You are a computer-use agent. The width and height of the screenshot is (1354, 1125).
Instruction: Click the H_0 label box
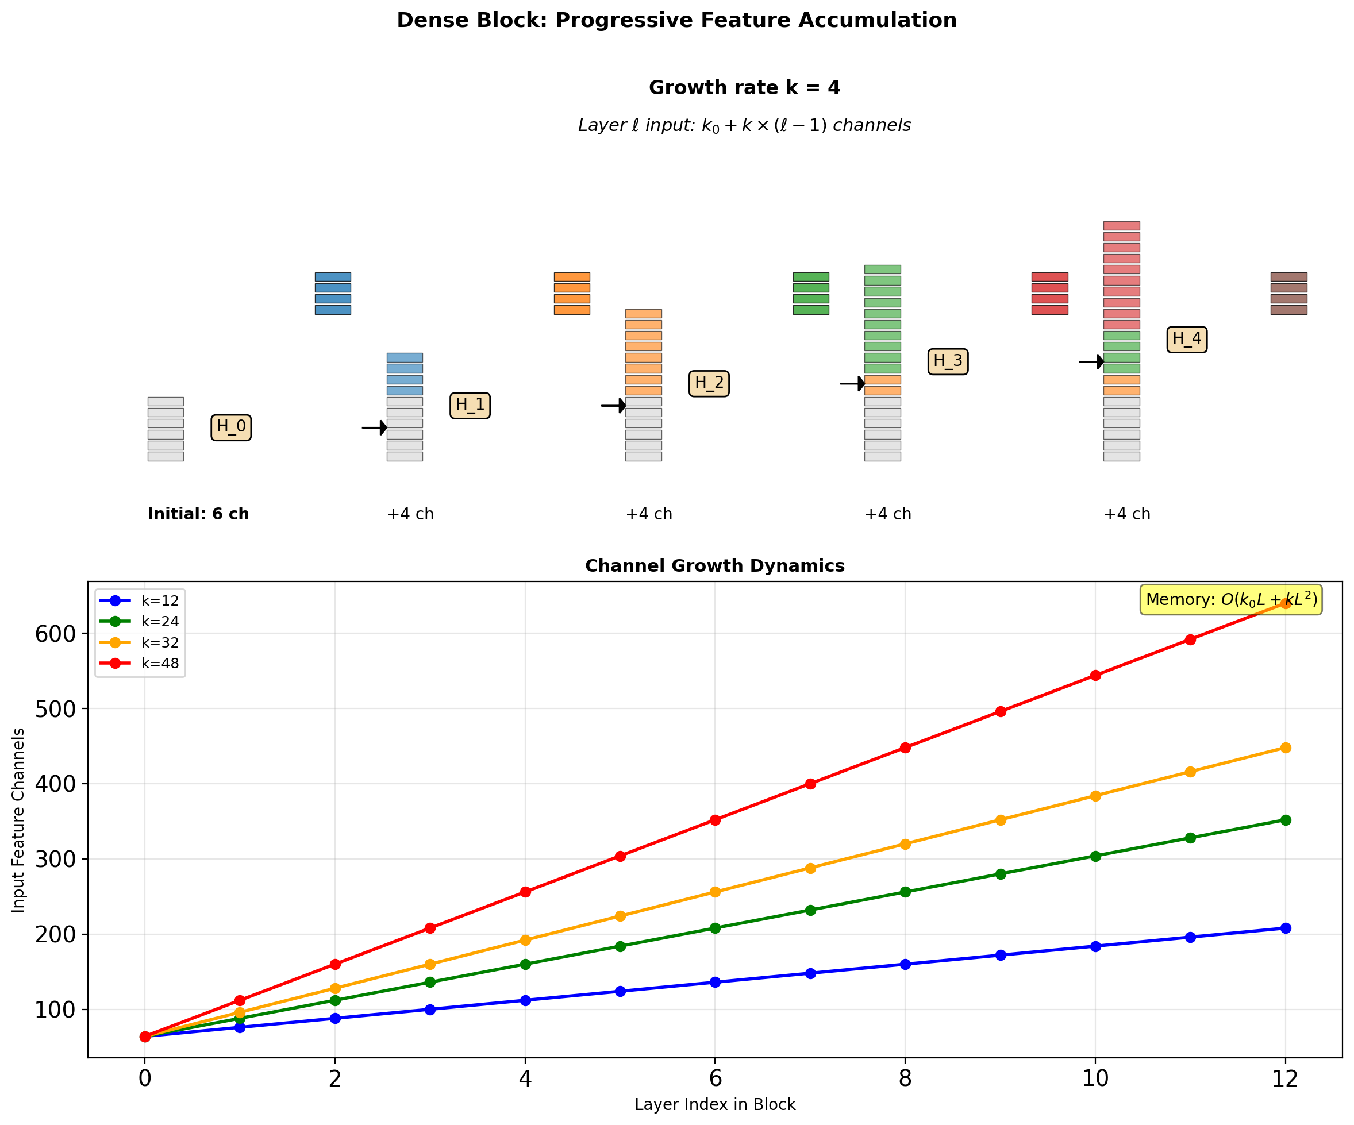click(231, 427)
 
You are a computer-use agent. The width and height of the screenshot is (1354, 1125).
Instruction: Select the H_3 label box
click(947, 361)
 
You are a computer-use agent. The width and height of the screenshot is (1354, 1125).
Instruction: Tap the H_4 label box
click(1186, 339)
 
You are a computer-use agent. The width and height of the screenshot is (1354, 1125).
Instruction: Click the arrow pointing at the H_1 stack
click(375, 427)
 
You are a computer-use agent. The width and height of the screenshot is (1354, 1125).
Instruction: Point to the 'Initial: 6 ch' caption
click(198, 514)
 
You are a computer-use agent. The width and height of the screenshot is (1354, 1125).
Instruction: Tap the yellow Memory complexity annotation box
click(1231, 600)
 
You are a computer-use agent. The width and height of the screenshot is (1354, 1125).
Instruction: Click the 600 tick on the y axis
click(55, 634)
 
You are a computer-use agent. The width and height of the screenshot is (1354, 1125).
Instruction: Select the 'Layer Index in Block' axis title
click(714, 1104)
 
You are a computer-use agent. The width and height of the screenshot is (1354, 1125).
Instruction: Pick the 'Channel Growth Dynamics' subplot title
click(714, 565)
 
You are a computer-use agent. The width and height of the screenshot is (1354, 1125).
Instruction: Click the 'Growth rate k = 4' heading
click(744, 88)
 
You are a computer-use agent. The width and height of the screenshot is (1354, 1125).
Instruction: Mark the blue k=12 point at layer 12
click(1285, 928)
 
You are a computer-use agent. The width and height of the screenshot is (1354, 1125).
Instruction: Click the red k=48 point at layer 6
click(715, 820)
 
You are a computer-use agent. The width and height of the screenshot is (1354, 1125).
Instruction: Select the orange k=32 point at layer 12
click(1285, 748)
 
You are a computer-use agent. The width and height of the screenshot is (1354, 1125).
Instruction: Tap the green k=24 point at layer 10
click(1095, 856)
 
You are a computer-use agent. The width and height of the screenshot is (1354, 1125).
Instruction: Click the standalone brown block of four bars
click(1288, 294)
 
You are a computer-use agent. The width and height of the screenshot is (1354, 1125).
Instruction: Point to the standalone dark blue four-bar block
click(333, 294)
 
